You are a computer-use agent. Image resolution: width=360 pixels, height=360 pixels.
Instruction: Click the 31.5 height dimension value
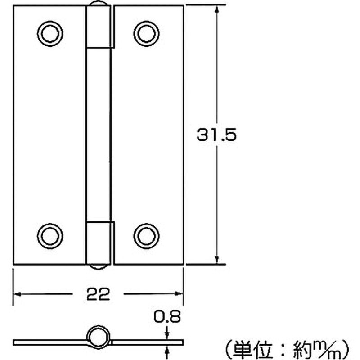pos(216,135)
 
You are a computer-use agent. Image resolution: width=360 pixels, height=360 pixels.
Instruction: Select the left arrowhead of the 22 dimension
pos(18,294)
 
